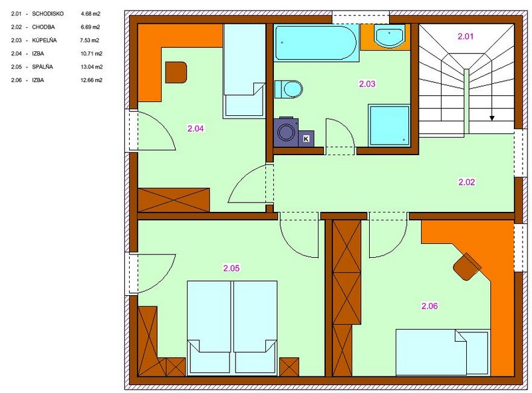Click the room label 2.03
point(367,84)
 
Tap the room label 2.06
point(430,306)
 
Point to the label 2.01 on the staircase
point(465,37)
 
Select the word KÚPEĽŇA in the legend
point(45,40)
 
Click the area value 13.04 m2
point(92,67)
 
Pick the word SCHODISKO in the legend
point(48,14)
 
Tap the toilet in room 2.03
point(289,89)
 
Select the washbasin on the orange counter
point(389,37)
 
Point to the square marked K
point(306,139)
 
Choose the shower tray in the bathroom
point(389,125)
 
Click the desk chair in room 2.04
point(176,72)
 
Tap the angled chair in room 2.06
point(467,266)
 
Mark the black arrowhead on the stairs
point(492,119)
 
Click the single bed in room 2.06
point(443,352)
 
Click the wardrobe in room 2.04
point(174,200)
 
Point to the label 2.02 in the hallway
point(467,183)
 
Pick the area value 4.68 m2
point(90,14)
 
